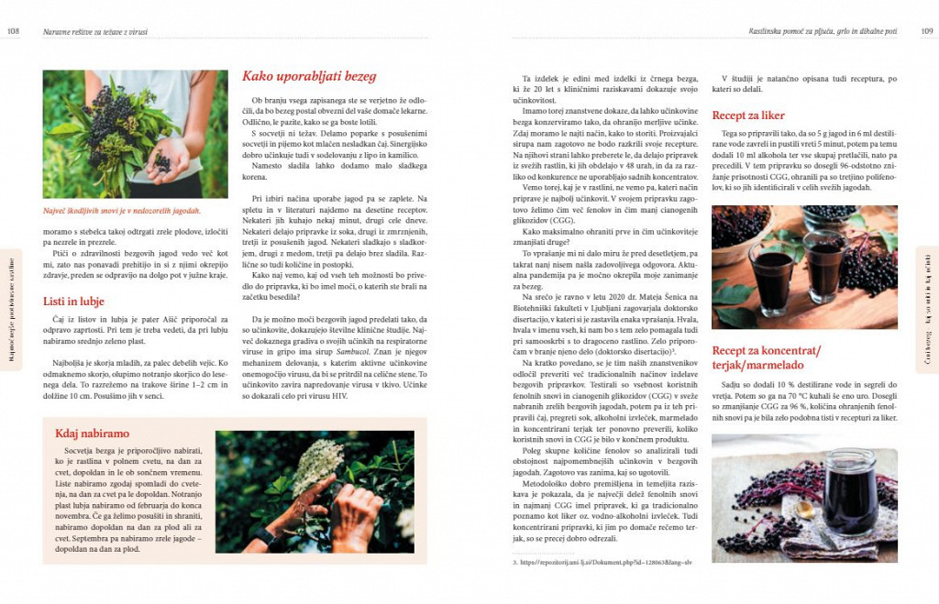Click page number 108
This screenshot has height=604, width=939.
[x=14, y=31]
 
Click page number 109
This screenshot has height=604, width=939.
[x=926, y=31]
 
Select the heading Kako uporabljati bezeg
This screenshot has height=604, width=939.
[x=308, y=77]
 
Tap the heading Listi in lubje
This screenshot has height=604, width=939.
[x=73, y=301]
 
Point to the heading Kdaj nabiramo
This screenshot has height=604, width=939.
[x=92, y=433]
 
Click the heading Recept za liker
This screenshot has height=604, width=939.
[x=747, y=115]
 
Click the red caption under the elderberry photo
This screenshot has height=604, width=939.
[x=121, y=210]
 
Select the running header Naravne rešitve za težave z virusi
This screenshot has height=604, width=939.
[x=95, y=31]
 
